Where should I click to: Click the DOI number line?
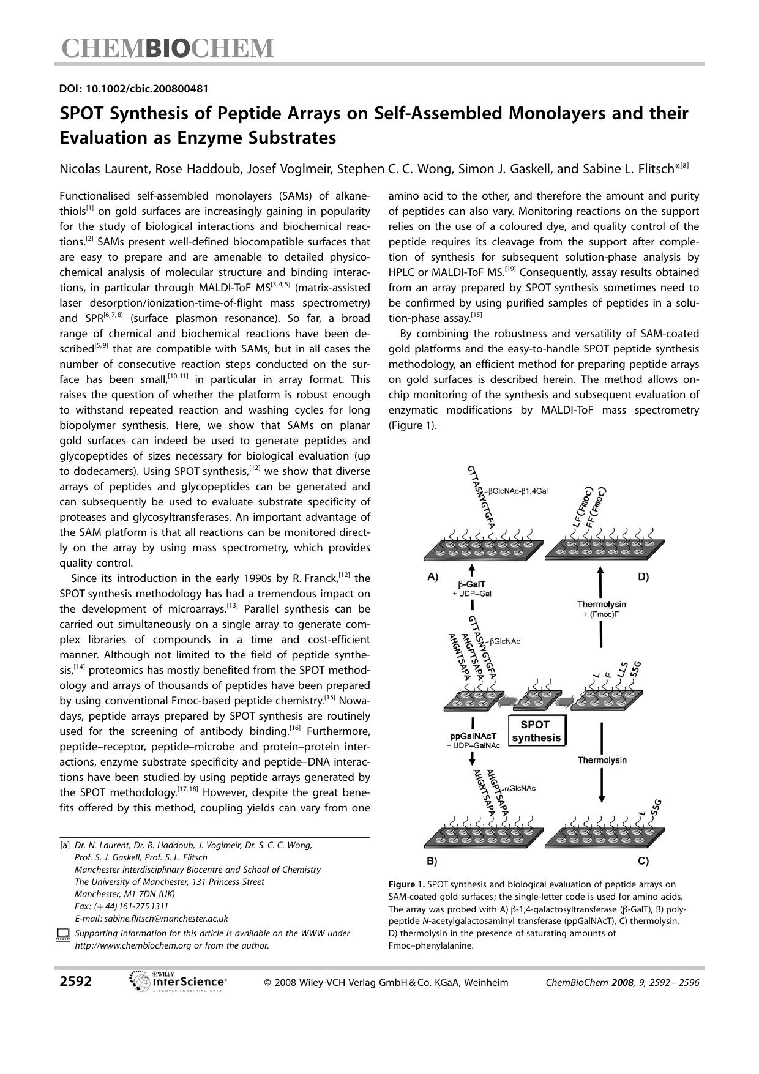click(133, 89)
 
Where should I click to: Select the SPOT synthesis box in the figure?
click(536, 731)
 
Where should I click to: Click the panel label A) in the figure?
click(433, 576)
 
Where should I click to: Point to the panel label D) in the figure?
click(643, 576)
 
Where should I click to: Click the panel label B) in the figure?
click(432, 860)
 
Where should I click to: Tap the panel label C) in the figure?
click(643, 860)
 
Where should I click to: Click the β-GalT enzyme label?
click(471, 584)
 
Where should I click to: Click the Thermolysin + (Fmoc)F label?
click(601, 609)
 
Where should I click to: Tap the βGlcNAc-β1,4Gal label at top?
click(517, 491)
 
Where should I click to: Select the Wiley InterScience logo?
click(179, 982)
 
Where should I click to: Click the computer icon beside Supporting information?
click(63, 934)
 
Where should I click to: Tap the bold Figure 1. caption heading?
click(406, 884)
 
